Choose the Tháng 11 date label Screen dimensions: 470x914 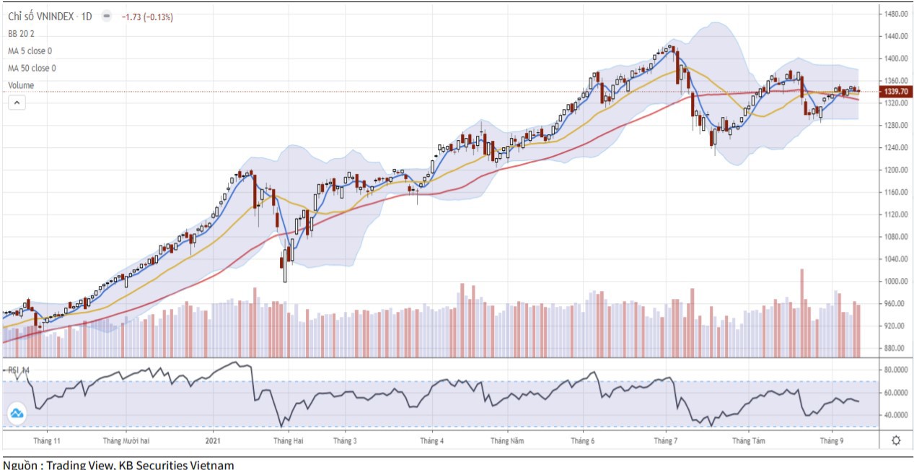coord(47,440)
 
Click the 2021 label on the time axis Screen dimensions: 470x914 coord(213,440)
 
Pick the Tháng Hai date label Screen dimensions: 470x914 coord(288,440)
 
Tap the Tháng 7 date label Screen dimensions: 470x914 coord(665,440)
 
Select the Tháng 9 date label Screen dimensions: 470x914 coord(832,440)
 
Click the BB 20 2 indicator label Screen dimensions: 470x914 coord(21,33)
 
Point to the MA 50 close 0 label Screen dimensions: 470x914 coord(32,68)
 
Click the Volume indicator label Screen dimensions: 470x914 coord(21,85)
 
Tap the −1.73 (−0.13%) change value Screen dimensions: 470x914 coord(147,17)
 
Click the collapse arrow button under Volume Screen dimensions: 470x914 coord(17,103)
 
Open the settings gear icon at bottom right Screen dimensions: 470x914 coord(896,440)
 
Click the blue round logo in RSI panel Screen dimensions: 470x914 coord(17,414)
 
